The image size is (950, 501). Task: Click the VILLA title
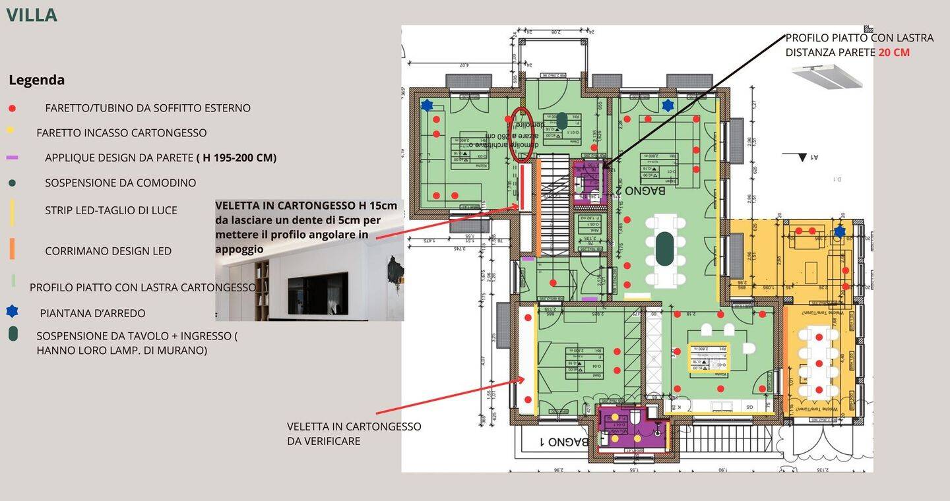(x=32, y=15)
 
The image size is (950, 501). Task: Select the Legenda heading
(x=36, y=80)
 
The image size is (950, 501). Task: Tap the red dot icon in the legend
(x=12, y=108)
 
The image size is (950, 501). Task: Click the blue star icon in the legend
(x=12, y=311)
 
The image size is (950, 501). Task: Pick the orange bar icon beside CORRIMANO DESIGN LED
(x=12, y=249)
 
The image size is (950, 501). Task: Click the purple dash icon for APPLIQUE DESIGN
(x=12, y=158)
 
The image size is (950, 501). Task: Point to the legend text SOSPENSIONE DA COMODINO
(x=120, y=183)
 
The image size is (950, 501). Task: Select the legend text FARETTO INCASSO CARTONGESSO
(x=121, y=133)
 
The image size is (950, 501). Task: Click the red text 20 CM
(x=894, y=52)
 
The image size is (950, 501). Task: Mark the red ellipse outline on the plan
(x=521, y=135)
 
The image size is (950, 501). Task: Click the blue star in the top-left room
(x=427, y=105)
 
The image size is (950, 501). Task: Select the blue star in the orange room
(x=839, y=231)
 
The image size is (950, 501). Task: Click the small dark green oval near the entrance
(x=561, y=121)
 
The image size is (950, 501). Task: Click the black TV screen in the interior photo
(x=317, y=293)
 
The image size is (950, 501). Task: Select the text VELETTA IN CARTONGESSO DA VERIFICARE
(x=354, y=434)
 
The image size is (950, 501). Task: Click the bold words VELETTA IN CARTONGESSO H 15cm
(x=306, y=206)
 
